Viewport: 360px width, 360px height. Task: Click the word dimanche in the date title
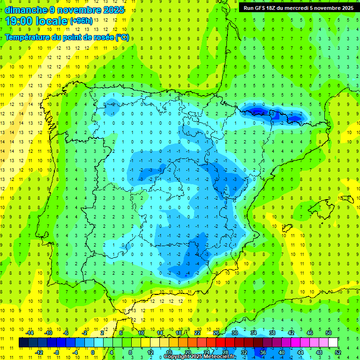click(x=26, y=10)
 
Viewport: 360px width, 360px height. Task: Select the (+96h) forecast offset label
click(x=81, y=21)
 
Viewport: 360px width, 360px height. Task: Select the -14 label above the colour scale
click(x=30, y=333)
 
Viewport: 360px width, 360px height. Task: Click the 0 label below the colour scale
click(x=93, y=352)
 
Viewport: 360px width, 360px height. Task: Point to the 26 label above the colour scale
click(x=216, y=333)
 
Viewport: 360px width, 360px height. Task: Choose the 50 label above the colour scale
click(x=329, y=333)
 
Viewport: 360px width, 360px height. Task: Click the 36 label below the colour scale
click(x=262, y=352)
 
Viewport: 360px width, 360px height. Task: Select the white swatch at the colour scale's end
click(x=333, y=343)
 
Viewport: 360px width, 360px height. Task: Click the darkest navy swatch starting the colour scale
click(x=23, y=343)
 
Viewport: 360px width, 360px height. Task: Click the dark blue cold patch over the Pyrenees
click(x=256, y=111)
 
